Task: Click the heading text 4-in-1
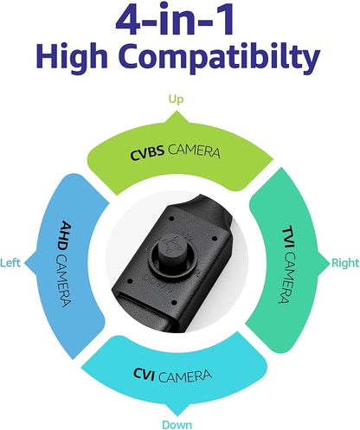tap(175, 19)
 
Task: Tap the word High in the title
tap(72, 57)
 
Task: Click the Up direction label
tap(176, 99)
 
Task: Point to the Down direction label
tap(177, 425)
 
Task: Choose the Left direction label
tap(10, 263)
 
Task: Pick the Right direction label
tap(345, 263)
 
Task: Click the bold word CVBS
tap(147, 153)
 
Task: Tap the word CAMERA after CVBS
tap(194, 151)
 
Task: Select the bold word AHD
tap(66, 235)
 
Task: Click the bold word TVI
tap(288, 238)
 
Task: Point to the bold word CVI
tap(144, 375)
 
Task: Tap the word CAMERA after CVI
tap(185, 376)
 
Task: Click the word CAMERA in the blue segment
tap(62, 281)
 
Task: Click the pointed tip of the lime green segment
tap(176, 112)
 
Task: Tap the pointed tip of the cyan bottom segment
tap(177, 415)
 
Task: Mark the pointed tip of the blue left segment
tap(25, 263)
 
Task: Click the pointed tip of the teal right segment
tap(330, 263)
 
